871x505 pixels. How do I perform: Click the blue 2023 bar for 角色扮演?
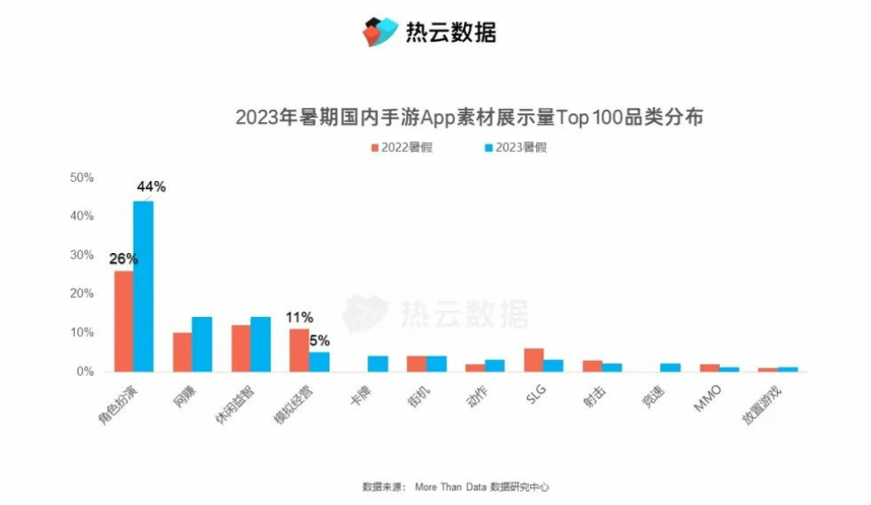click(x=143, y=286)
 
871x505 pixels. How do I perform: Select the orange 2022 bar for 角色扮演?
click(x=124, y=321)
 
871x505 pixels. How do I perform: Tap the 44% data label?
click(x=150, y=187)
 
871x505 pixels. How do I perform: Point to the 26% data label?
click(x=123, y=259)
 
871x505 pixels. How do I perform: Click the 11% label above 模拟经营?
click(x=299, y=316)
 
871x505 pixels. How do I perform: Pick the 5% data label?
click(x=319, y=340)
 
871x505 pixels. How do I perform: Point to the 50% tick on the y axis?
click(x=82, y=177)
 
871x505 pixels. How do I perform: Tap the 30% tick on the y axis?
click(x=82, y=255)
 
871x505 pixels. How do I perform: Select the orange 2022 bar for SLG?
click(x=533, y=360)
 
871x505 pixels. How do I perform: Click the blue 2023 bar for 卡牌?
click(x=377, y=364)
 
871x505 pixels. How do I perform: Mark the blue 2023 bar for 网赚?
click(x=202, y=344)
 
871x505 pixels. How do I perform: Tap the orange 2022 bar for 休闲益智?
click(x=241, y=348)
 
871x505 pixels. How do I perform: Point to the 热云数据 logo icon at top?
click(x=381, y=31)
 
